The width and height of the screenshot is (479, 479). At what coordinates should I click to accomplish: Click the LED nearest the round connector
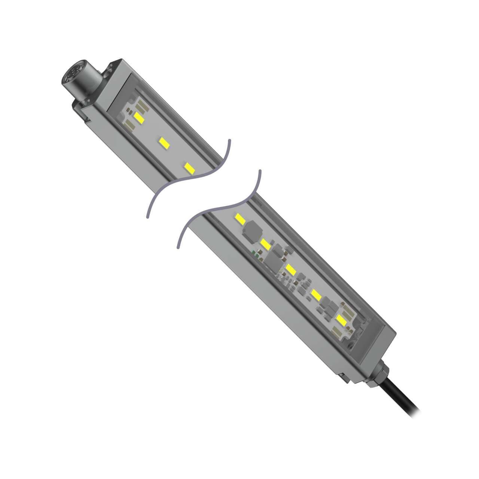point(139,117)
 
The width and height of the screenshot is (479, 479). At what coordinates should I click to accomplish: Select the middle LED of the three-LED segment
point(163,142)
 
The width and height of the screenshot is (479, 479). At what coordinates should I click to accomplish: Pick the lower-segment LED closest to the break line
point(240,219)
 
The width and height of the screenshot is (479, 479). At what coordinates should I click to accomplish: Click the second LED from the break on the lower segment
point(265,244)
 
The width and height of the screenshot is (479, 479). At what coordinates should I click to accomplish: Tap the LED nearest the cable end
point(341,320)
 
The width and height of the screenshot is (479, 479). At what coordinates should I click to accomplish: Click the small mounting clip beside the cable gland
point(346,376)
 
